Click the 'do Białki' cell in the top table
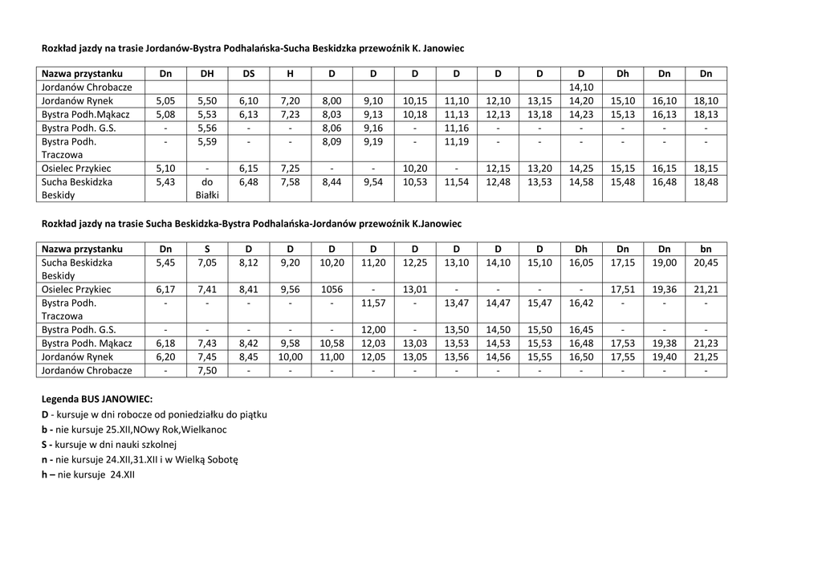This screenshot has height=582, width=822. coord(206,188)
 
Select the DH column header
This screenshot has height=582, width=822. coord(206,74)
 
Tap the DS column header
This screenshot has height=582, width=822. coord(249,74)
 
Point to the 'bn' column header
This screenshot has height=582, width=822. coord(706,249)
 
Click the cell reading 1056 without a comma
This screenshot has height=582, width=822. coord(332,289)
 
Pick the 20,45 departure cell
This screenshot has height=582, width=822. coord(706,263)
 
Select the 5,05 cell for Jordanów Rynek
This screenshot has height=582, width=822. coord(165,101)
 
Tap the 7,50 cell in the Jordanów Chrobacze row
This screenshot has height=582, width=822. coord(206,371)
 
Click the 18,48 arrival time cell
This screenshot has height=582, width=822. coord(706,182)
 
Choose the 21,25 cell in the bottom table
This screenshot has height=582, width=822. coord(706,356)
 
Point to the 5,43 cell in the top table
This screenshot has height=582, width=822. coord(165,182)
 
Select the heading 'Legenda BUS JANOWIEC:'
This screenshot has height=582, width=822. coord(96,399)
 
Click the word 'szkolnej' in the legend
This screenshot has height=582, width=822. coord(159,445)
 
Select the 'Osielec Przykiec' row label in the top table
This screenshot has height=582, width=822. coord(76,169)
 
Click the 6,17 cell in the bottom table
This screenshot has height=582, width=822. coord(165,289)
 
